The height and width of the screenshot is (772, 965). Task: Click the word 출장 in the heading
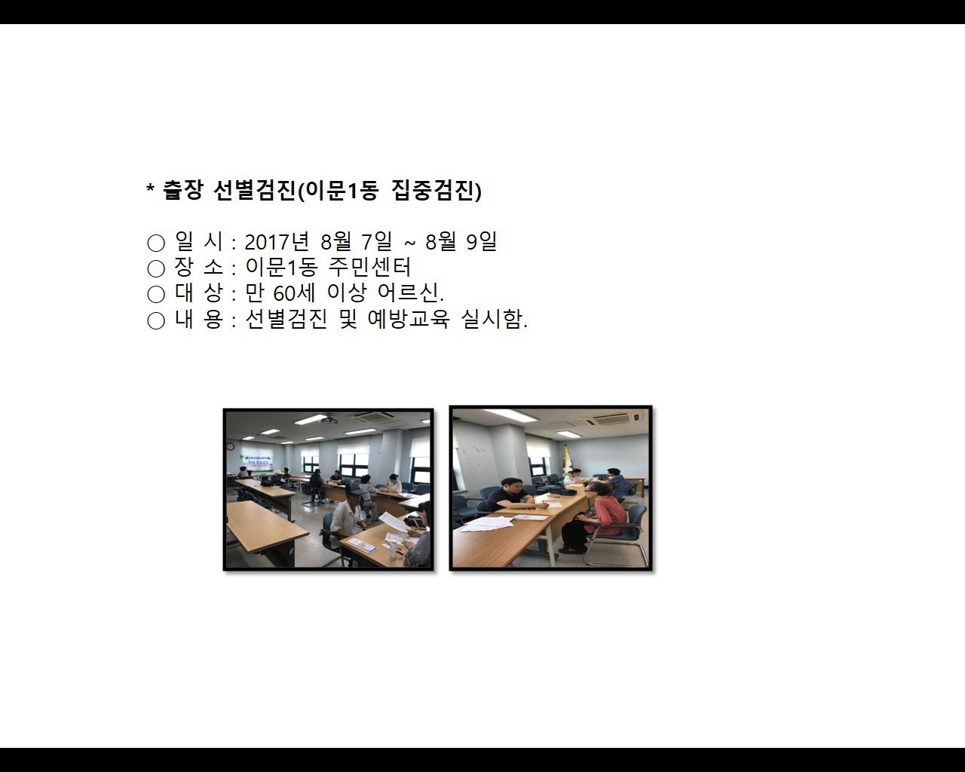[x=182, y=191]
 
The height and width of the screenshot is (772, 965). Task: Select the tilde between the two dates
[x=409, y=243]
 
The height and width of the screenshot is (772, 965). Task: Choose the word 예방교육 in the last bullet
[x=408, y=319]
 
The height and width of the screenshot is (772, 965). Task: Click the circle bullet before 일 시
[x=156, y=243]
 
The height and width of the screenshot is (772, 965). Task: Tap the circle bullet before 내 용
[x=156, y=320]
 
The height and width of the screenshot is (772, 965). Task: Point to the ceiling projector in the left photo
[x=329, y=419]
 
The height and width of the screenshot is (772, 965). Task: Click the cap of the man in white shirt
[x=353, y=489]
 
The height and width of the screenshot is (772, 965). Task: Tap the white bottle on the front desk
[x=392, y=546]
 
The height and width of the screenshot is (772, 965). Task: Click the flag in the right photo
[x=567, y=458]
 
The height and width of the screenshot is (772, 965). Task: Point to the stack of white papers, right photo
[x=486, y=522]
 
